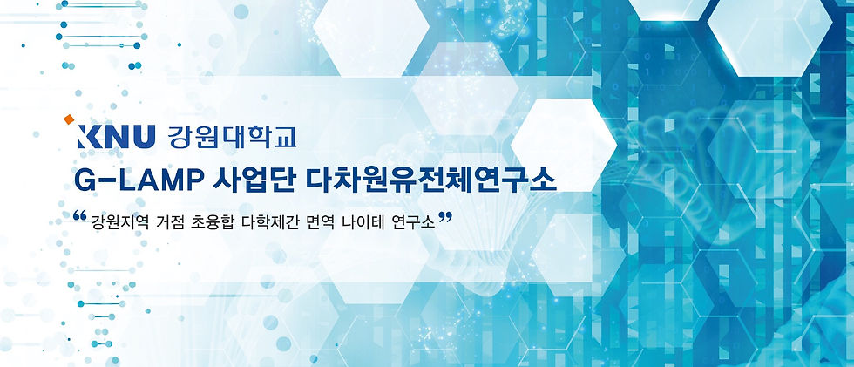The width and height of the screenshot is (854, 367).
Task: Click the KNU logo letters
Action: pyautogui.click(x=117, y=137)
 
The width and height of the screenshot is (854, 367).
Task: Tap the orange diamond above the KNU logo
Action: pyautogui.click(x=69, y=119)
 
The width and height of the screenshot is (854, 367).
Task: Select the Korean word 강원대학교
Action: pyautogui.click(x=233, y=137)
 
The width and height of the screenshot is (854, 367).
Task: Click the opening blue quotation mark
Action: pyautogui.click(x=80, y=215)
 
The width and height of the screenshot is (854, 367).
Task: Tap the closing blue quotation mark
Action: pyautogui.click(x=445, y=218)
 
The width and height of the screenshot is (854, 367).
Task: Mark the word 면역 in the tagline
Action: pyautogui.click(x=321, y=222)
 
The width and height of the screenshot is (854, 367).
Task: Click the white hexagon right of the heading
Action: pyautogui.click(x=563, y=146)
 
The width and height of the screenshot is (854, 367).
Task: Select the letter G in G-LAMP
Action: pyautogui.click(x=86, y=180)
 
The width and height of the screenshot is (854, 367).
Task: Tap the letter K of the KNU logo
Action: pyautogui.click(x=90, y=137)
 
